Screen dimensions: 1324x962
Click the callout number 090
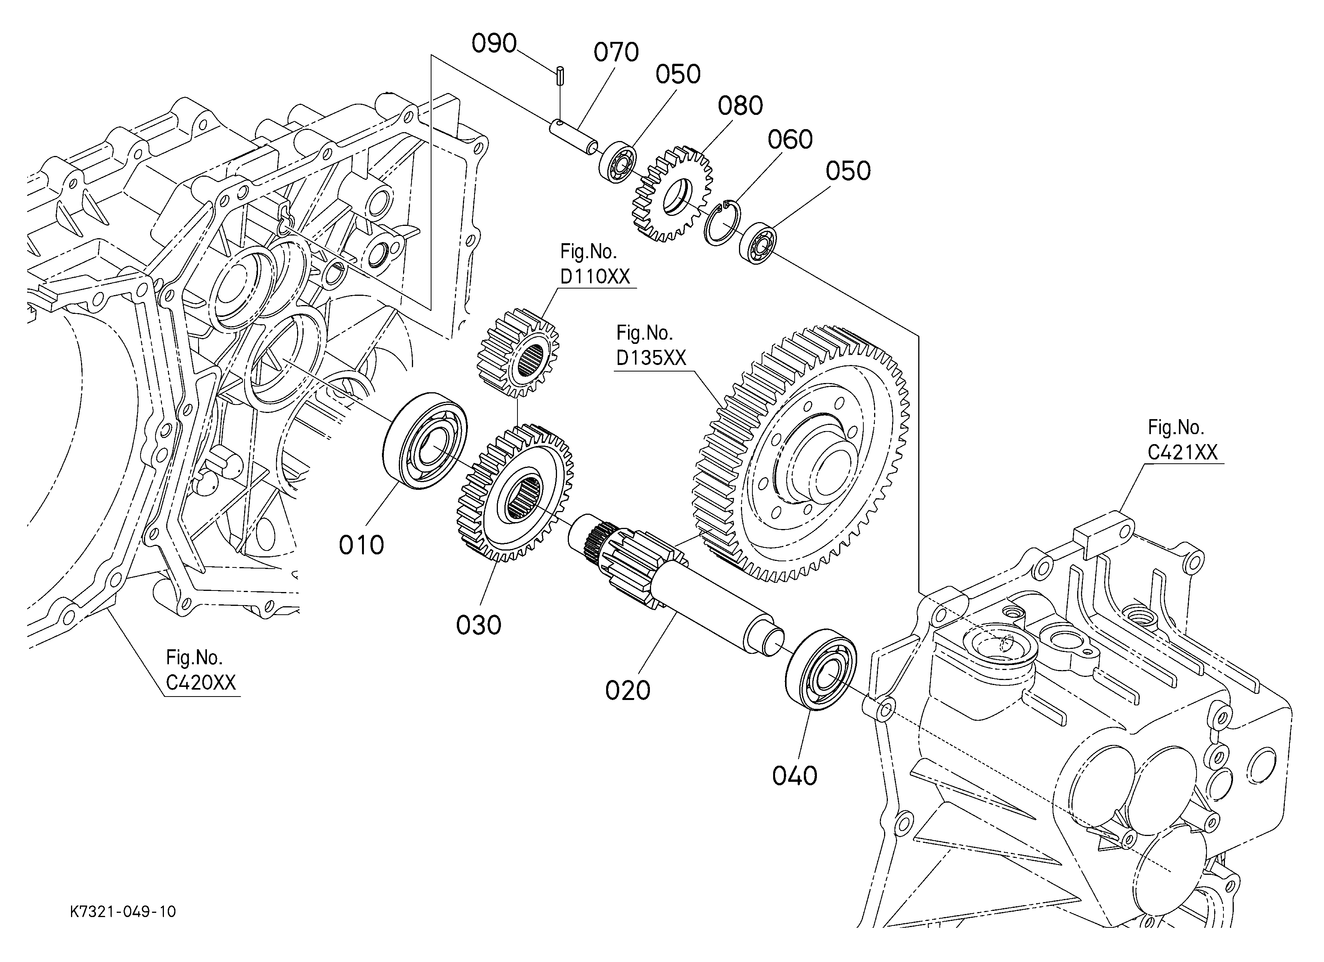click(x=494, y=44)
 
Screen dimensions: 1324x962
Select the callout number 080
click(x=740, y=106)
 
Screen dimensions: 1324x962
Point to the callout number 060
click(x=790, y=139)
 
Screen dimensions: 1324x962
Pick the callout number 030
click(x=479, y=625)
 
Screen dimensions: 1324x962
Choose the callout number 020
click(x=628, y=690)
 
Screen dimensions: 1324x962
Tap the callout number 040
click(x=795, y=776)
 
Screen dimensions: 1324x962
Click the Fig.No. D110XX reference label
click(x=595, y=264)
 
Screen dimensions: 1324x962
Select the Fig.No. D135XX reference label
click(x=651, y=345)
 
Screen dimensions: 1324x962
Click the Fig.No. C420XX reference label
click(x=201, y=670)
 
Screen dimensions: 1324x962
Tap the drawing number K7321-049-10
click(x=122, y=912)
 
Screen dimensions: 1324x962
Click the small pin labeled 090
click(x=560, y=76)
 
